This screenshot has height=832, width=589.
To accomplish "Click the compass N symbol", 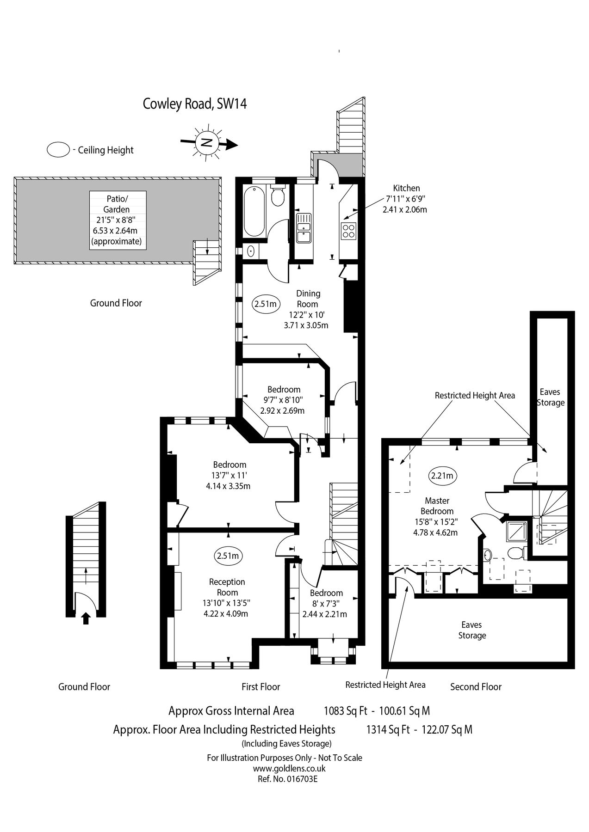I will point(207,142).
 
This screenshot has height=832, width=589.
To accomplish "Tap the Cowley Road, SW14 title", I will point(194,104).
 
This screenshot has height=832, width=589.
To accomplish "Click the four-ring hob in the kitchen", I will point(348,230).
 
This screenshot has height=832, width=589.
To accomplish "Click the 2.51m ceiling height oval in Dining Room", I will point(266,304).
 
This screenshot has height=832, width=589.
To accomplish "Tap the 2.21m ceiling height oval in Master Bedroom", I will point(442,475).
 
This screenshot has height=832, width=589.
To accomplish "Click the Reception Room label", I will point(227,587).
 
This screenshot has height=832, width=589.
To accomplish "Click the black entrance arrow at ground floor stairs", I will point(86,618).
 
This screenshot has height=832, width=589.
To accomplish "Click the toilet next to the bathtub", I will point(279,196).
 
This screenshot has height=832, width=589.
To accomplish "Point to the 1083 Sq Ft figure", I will point(345,710).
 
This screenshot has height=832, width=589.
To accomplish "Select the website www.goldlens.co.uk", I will point(289,768).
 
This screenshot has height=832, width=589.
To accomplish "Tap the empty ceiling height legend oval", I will point(58,150).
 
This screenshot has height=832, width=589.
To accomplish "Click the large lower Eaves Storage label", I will point(472,630).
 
